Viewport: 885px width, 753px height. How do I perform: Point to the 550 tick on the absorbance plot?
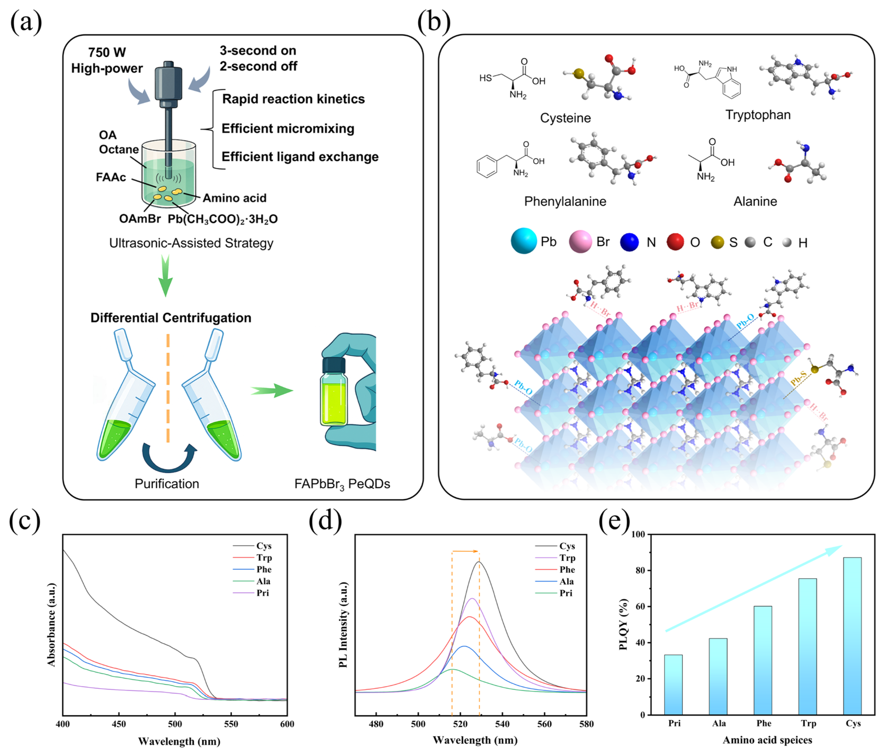pyautogui.click(x=231, y=724)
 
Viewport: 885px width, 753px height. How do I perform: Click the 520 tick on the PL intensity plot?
pyautogui.click(x=460, y=724)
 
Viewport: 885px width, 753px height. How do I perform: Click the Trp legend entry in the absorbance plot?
pyautogui.click(x=264, y=557)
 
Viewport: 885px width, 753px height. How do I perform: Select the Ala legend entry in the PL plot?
pyautogui.click(x=567, y=581)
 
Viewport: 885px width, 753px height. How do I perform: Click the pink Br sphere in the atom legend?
pyautogui.click(x=580, y=242)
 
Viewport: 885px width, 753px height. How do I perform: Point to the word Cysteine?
pyautogui.click(x=565, y=118)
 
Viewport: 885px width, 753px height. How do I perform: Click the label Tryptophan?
pyautogui.click(x=758, y=115)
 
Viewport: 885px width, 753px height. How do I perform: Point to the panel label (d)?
pyautogui.click(x=325, y=521)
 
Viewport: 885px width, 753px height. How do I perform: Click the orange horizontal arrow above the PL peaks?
pyautogui.click(x=465, y=551)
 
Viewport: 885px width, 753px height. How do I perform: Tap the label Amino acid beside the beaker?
pyautogui.click(x=234, y=198)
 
